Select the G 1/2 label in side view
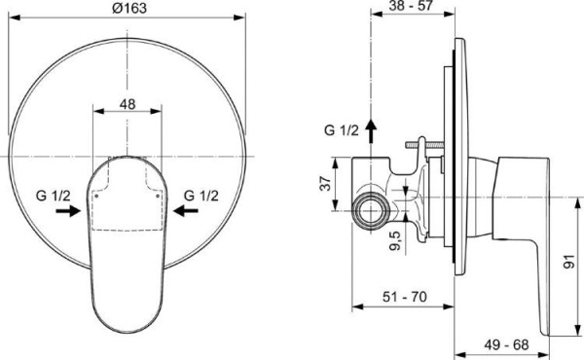click(x=341, y=129)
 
